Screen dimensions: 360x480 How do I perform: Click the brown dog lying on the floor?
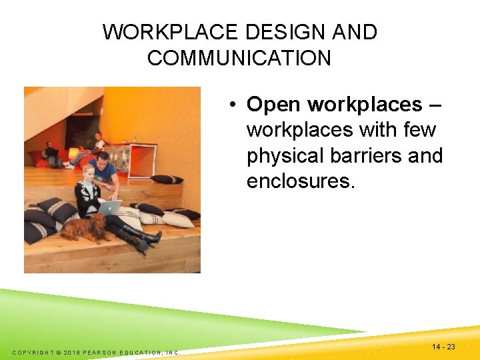pos(83,229)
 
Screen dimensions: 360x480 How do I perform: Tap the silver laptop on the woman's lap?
pos(109,207)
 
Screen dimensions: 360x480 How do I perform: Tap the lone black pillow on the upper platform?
pos(167,179)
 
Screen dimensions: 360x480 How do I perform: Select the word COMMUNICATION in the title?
pos(239,58)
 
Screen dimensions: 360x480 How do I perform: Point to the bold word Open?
pos(274,104)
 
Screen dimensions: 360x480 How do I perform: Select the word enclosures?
pos(299,181)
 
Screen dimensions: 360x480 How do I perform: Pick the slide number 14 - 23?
pos(443,347)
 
